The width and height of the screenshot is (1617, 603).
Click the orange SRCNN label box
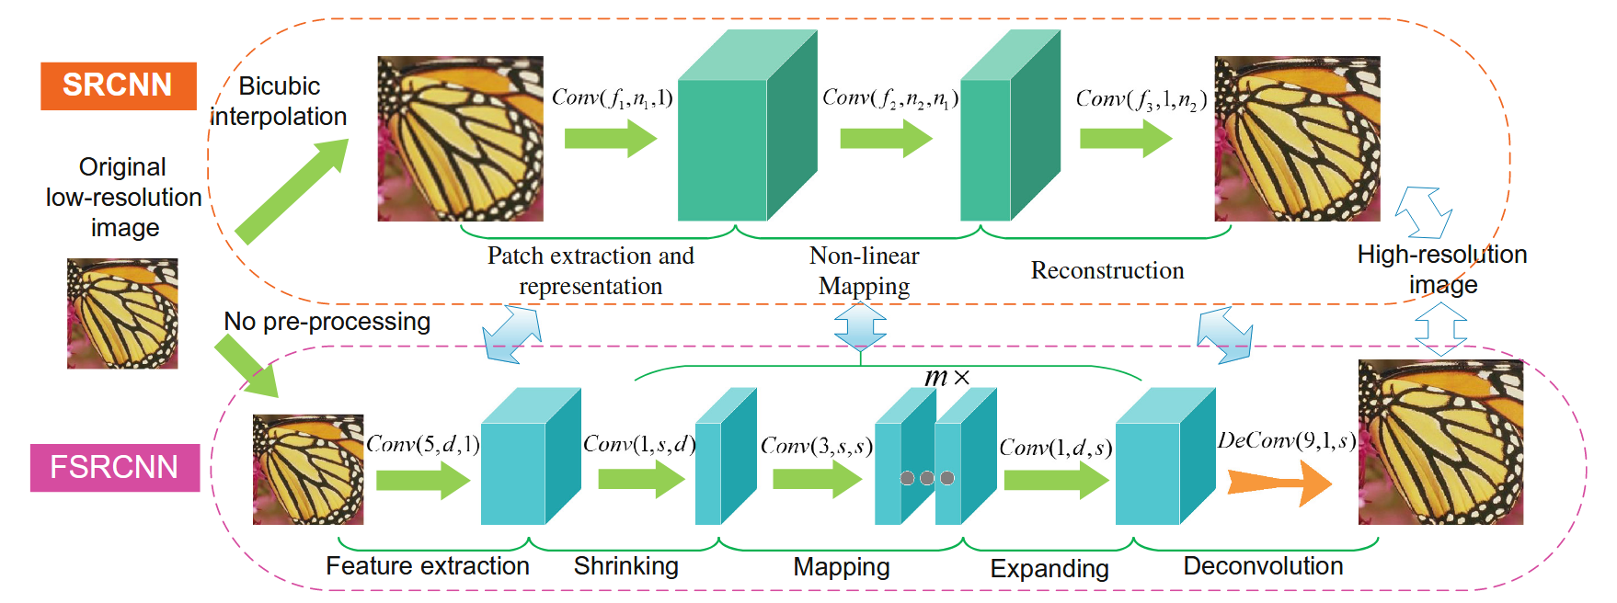118,85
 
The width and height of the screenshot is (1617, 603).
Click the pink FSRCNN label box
114,467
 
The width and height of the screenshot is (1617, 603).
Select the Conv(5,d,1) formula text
423,444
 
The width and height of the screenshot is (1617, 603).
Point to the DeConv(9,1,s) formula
1287,440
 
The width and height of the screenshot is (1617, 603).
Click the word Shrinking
625,566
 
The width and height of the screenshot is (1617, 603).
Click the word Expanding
1049,569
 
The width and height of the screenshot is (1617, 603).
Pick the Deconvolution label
1263,566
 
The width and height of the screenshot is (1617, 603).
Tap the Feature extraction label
428,566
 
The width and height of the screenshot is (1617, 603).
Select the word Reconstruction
1107,270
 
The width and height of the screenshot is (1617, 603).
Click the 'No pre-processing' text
327,322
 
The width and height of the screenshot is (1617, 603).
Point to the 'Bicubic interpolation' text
279,101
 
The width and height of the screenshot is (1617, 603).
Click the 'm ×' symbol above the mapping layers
946,377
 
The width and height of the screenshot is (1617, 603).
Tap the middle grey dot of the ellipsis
927,478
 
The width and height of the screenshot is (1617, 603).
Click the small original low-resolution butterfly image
122,313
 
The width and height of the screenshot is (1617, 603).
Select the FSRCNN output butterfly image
1440,442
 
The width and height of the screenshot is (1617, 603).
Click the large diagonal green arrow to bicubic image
292,190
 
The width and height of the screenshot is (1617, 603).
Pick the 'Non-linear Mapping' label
864,270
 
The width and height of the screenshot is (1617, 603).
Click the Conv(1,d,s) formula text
1055,448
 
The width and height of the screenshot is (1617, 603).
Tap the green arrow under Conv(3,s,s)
816,479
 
